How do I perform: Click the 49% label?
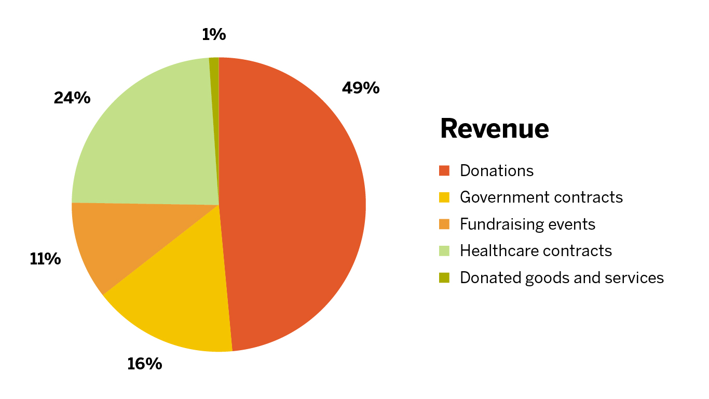point(361,88)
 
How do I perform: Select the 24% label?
point(72,98)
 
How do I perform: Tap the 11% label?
point(45,259)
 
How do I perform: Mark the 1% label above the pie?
point(214,35)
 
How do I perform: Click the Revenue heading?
point(494,128)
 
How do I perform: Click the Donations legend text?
point(497,171)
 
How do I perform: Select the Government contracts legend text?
point(541,197)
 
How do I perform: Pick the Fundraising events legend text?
point(528,224)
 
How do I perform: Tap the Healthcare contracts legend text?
point(536,251)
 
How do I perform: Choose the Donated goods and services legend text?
point(562,278)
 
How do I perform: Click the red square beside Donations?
point(444,171)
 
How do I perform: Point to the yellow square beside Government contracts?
point(444,197)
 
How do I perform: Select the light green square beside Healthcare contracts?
point(444,251)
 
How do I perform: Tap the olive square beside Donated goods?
point(444,278)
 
